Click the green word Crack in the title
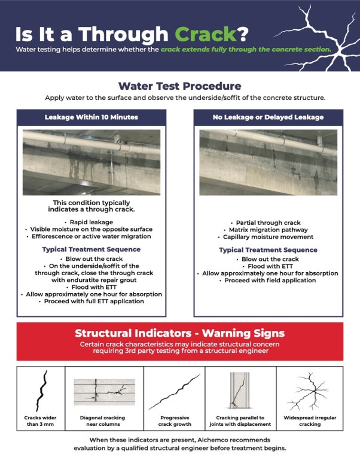tap(206, 34)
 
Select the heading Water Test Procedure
tap(180, 86)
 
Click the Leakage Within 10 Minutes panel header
tap(91, 117)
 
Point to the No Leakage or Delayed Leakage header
tap(269, 117)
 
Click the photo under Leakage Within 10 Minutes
tap(91, 162)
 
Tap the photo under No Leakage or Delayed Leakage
tap(269, 162)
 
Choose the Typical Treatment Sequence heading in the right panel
tap(269, 250)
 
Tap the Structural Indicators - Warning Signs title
tap(180, 333)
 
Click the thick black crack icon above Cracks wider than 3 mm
tap(41, 391)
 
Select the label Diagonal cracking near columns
tap(102, 421)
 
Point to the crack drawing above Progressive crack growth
tap(175, 392)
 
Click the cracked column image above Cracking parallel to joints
tap(239, 390)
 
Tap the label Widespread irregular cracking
tap(310, 421)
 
